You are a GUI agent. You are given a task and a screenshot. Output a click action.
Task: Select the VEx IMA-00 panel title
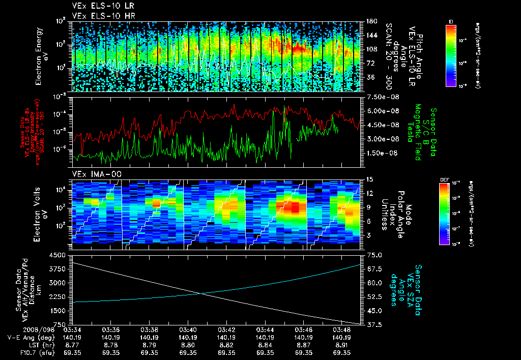(94, 174)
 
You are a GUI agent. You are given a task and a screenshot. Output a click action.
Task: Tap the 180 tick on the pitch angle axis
(370, 21)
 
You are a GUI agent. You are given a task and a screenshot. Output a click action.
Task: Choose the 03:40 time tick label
(188, 329)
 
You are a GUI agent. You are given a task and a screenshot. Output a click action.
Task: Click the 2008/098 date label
(20, 329)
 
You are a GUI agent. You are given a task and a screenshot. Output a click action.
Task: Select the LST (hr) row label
(24, 345)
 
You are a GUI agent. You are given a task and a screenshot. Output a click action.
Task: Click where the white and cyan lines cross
(202, 293)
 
